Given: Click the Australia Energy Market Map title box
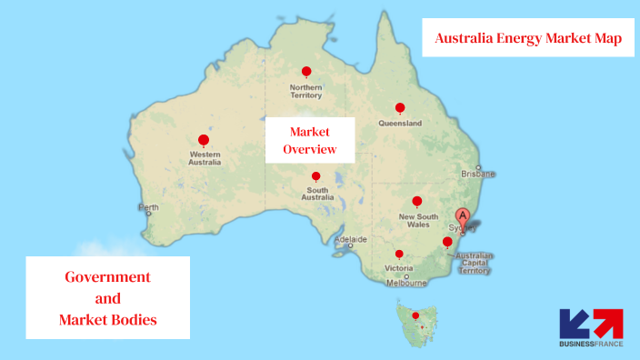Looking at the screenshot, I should pyautogui.click(x=528, y=38).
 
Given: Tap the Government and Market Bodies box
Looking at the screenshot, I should pyautogui.click(x=107, y=298).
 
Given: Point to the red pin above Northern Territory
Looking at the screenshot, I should pyautogui.click(x=306, y=72).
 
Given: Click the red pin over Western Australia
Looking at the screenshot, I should pyautogui.click(x=204, y=140).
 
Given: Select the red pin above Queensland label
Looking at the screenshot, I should pyautogui.click(x=400, y=108).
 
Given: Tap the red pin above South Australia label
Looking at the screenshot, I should pyautogui.click(x=315, y=176).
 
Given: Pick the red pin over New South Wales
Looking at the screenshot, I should pyautogui.click(x=416, y=201).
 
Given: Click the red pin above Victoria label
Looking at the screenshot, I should pyautogui.click(x=399, y=255).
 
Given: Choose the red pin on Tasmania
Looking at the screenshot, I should pyautogui.click(x=415, y=316).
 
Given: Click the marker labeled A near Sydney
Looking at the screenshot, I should pyautogui.click(x=463, y=216).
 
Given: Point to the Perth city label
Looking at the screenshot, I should pyautogui.click(x=147, y=207).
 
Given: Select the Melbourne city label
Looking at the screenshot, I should pyautogui.click(x=406, y=283).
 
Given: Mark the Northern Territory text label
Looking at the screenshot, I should pyautogui.click(x=305, y=91).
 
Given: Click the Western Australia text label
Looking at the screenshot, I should pyautogui.click(x=205, y=158).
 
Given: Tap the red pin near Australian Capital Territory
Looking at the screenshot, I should pyautogui.click(x=446, y=241).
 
